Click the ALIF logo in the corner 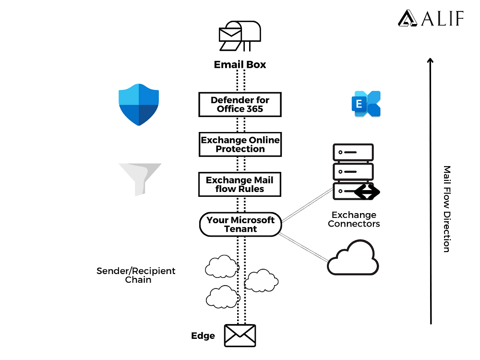[431, 18]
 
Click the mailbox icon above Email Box [240, 36]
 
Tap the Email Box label [240, 64]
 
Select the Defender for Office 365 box [240, 104]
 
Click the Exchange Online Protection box [240, 144]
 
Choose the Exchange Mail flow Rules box [240, 184]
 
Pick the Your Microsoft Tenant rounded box [240, 225]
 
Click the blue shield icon [139, 104]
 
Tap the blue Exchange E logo [366, 104]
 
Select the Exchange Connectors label [354, 219]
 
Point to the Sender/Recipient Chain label [136, 275]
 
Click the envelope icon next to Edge [240, 336]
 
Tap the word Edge [203, 336]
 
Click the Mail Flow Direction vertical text [446, 209]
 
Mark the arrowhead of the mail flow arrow [431, 61]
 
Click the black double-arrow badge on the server [367, 192]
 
